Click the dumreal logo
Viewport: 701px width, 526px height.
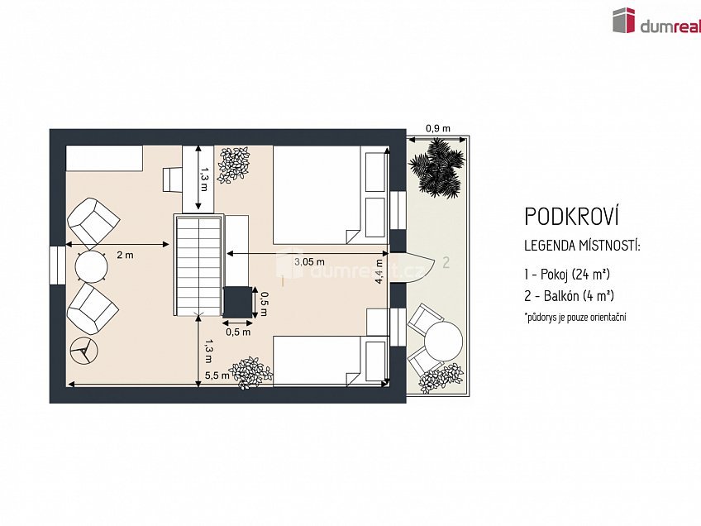pos(656,20)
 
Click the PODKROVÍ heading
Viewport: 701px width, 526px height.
pos(572,217)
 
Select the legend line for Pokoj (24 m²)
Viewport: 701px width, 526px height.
pos(567,275)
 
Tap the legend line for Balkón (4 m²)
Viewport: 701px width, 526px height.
pos(569,295)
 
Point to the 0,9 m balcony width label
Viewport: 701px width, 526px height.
pos(438,128)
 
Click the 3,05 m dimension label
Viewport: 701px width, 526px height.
pos(309,262)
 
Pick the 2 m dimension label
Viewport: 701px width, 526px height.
pos(125,255)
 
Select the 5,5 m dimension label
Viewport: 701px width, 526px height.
pos(217,375)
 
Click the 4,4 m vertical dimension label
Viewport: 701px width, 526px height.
pos(379,271)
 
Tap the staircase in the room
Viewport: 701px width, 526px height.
pos(198,265)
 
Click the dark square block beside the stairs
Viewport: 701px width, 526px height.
pos(238,303)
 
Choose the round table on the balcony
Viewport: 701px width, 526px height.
pos(443,342)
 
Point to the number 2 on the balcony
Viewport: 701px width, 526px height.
pos(446,262)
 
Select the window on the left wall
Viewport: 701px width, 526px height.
pos(58,265)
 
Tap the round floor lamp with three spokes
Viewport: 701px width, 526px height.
pos(83,351)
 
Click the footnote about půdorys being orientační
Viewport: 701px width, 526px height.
pos(575,318)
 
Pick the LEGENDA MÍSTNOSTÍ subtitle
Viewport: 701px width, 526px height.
pos(583,246)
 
